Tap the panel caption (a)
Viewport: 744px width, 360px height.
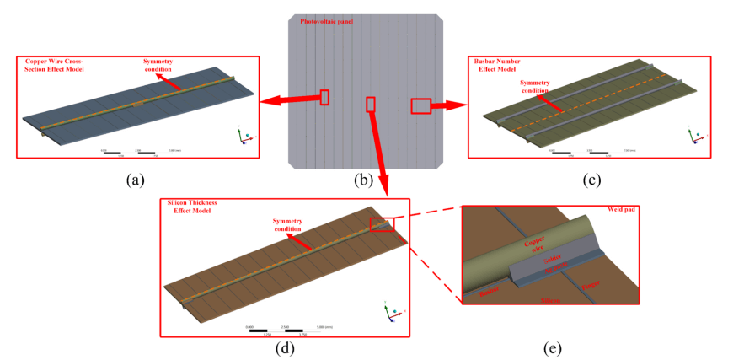pos(135,179)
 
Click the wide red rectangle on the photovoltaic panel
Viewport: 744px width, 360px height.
pos(420,105)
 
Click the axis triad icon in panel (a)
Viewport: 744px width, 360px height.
pos(243,136)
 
